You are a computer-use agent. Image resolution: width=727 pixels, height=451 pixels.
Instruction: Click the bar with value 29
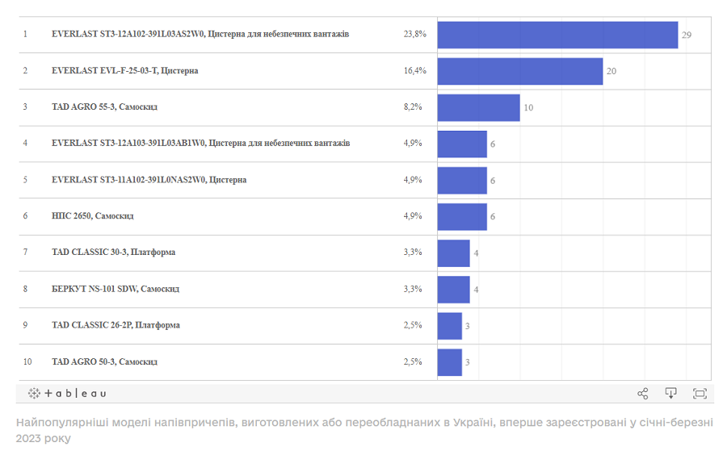coord(557,35)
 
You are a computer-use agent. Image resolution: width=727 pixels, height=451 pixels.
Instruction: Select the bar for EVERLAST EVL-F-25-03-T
coord(520,71)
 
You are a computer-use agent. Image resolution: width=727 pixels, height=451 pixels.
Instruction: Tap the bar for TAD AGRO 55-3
coord(478,107)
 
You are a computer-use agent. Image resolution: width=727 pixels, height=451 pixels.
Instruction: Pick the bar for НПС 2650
coord(462,216)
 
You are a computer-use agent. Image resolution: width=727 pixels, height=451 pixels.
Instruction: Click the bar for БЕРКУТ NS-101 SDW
coord(453,289)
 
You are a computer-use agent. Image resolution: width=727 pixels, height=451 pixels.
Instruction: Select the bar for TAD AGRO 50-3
coord(449,361)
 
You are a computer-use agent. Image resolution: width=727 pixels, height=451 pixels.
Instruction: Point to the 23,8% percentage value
coord(414,35)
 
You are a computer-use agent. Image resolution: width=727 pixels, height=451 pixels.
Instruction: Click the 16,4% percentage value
coord(414,71)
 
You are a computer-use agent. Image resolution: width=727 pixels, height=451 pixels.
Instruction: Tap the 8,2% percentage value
coord(413,107)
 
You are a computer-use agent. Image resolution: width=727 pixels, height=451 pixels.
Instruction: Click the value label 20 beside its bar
coord(611,71)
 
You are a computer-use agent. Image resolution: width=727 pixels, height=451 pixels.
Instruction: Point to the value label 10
coord(528,107)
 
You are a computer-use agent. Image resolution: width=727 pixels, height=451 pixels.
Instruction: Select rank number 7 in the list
coord(25,253)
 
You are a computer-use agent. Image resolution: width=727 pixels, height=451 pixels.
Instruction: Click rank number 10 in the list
coord(27,361)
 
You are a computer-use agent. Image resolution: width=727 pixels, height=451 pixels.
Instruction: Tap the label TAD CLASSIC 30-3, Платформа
coord(113,253)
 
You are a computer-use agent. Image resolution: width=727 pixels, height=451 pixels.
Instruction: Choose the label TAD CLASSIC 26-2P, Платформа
coord(116,325)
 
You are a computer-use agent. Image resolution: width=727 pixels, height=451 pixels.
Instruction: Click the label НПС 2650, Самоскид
coord(92,216)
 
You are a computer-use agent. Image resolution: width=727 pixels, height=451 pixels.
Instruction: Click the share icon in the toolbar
coord(643,393)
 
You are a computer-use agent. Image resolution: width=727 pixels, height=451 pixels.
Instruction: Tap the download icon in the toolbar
coord(670,393)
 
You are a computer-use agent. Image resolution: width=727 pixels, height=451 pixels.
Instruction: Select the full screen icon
coord(700,393)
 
